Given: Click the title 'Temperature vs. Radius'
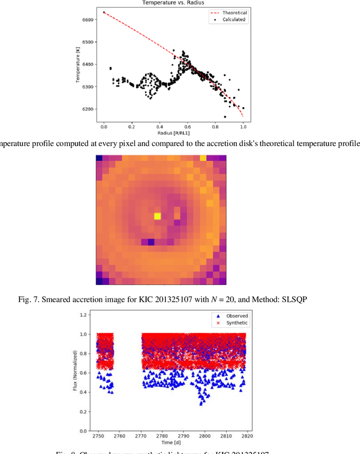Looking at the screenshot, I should (x=173, y=2).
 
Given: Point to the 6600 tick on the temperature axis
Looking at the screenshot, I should (x=89, y=19).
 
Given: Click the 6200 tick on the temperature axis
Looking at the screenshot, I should (x=89, y=109).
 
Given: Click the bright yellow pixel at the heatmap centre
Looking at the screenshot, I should (x=157, y=216).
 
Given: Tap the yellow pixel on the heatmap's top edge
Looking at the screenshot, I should (x=203, y=158).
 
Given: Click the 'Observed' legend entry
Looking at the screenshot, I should (x=236, y=315).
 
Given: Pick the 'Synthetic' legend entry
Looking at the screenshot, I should (x=236, y=323).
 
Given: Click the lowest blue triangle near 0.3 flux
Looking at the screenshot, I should (x=201, y=403).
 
